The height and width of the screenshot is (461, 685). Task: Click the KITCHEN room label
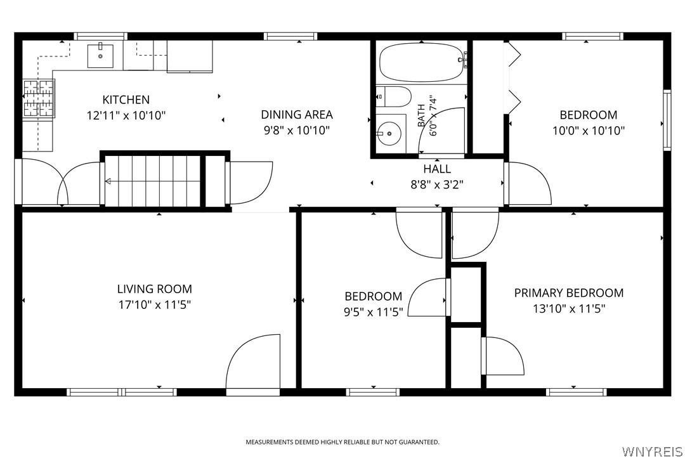click(x=126, y=100)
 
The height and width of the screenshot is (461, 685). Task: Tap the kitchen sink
click(x=100, y=56)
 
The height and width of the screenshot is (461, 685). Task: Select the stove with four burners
click(x=39, y=98)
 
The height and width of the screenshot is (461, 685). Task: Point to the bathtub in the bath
click(x=422, y=63)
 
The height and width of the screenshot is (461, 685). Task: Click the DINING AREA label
click(x=297, y=115)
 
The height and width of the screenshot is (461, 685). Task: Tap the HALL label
click(x=437, y=169)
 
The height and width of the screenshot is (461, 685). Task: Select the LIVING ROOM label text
click(x=155, y=289)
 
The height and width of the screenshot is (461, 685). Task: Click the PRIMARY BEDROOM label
click(x=569, y=293)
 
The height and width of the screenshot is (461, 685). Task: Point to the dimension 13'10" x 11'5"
click(x=569, y=309)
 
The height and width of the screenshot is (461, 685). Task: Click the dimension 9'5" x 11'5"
click(x=374, y=313)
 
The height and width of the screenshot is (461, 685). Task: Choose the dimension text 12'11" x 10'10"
click(x=126, y=116)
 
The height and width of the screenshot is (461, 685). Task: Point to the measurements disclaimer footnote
click(x=342, y=442)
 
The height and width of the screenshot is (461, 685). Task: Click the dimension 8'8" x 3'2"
click(x=437, y=185)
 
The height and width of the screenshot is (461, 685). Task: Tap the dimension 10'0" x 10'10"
click(x=589, y=131)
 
